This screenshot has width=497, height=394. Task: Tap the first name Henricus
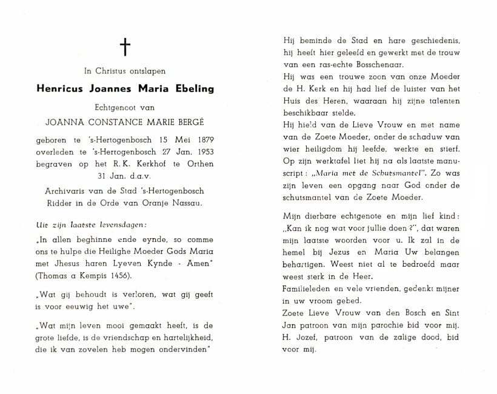[x=60, y=88]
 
